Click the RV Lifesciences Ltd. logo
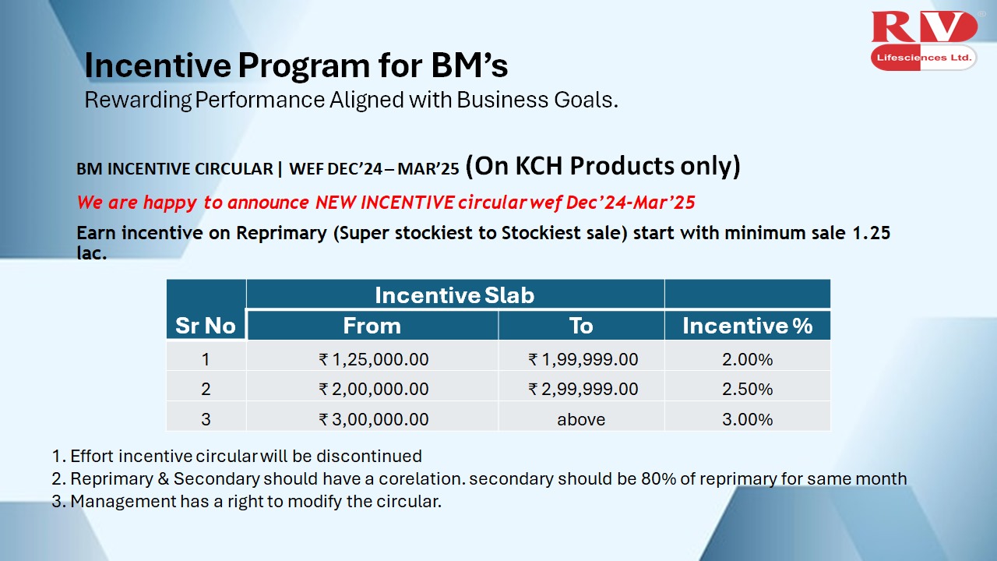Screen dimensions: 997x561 [924, 41]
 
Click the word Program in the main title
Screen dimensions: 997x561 [304, 65]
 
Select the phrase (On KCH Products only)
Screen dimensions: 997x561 [603, 166]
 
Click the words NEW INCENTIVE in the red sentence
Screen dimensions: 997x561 [385, 203]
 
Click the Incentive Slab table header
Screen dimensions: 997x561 [454, 295]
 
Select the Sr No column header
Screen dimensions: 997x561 [206, 326]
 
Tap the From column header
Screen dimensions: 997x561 [372, 326]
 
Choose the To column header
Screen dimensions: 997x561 [581, 326]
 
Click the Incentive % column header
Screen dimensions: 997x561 [748, 326]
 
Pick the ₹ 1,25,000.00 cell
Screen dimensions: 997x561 [374, 359]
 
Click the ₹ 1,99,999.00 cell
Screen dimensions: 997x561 [583, 359]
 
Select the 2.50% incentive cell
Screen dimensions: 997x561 [747, 389]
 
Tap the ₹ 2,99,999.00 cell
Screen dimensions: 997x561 [583, 389]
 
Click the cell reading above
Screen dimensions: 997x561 [581, 419]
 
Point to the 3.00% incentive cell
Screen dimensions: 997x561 [747, 419]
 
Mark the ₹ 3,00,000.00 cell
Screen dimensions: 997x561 [374, 419]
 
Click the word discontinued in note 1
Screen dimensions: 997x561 [369, 457]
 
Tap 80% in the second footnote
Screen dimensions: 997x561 [658, 478]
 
